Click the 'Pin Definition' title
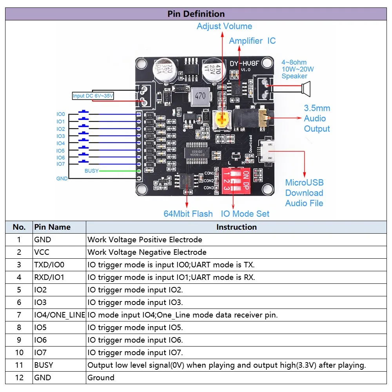196,14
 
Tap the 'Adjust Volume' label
224,26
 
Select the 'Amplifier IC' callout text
252,41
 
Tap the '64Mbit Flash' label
188,214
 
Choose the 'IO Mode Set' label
245,214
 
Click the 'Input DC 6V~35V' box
93,96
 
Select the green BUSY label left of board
91,171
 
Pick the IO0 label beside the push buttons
60,114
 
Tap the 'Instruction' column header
236,227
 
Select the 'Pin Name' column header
52,227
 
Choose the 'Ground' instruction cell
101,377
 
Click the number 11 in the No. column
19,365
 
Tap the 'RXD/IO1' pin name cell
49,277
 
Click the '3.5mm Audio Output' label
317,118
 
